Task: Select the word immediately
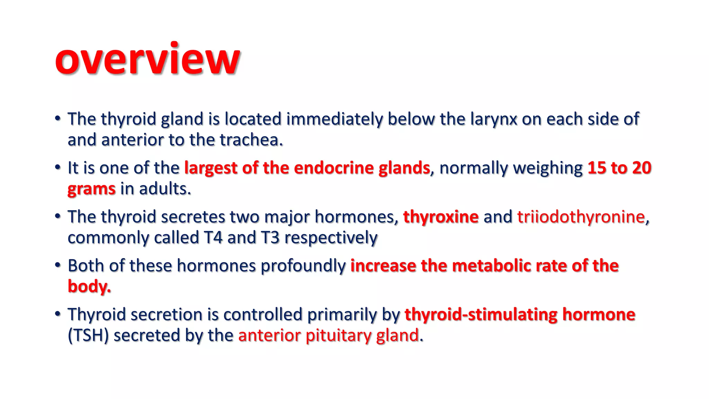coord(334,119)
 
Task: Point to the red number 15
coord(596,168)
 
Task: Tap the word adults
coord(165,189)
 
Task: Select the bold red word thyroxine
coord(441,217)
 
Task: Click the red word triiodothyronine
coord(581,217)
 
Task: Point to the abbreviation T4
coord(213,238)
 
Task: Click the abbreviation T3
coord(270,238)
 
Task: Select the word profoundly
coord(303,266)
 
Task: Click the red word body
coord(89,287)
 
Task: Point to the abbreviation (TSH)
coord(88,336)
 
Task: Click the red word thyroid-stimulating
coord(481,315)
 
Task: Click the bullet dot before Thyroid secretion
coord(58,314)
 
